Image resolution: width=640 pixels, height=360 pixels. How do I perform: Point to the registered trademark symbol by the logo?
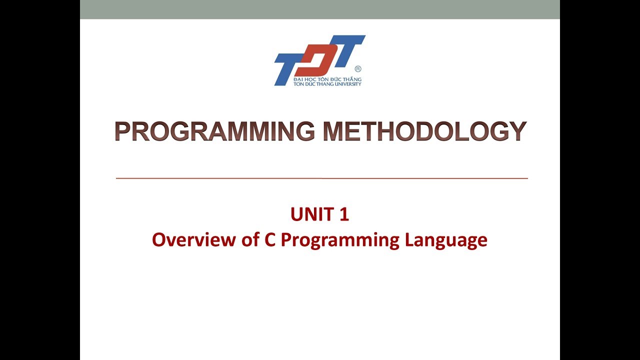point(357,69)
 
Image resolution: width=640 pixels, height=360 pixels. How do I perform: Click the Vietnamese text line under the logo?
point(327,79)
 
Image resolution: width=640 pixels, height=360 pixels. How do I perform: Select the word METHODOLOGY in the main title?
point(425,131)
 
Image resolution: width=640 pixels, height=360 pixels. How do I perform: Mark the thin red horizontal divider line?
point(321,178)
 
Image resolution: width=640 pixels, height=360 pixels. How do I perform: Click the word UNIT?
point(312,214)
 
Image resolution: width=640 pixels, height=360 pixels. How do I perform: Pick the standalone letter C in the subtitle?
point(270,240)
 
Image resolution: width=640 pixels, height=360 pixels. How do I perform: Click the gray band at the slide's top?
point(320,9)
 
